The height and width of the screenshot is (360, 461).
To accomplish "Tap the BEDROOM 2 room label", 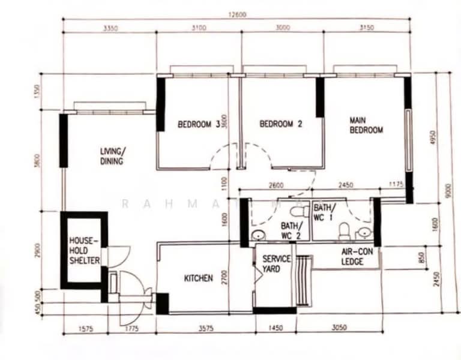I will (280, 124).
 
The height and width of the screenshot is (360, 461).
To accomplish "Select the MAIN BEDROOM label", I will (366, 125).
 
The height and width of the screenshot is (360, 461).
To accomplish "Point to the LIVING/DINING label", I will (112, 156).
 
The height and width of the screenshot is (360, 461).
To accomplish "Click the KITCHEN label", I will (198, 278).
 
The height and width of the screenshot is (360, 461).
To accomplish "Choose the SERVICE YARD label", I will (276, 264).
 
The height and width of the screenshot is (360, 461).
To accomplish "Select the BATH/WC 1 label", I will (325, 212).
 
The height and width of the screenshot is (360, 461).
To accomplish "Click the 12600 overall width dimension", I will (237, 15).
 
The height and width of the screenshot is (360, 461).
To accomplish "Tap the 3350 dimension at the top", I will (109, 28).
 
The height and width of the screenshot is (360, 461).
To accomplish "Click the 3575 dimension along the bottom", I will (205, 329).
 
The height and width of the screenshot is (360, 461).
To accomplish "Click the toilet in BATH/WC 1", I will (345, 230).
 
